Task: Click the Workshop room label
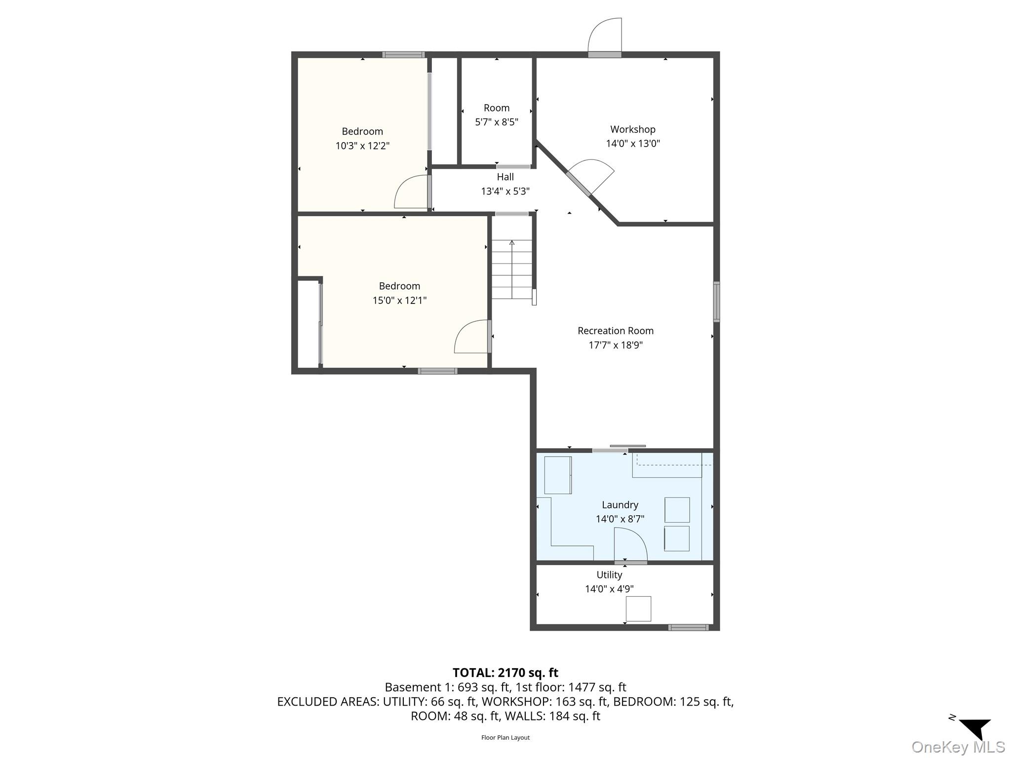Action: click(632, 129)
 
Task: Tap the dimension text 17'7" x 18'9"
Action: click(615, 345)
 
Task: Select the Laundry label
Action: click(620, 505)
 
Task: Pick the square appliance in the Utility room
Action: click(638, 608)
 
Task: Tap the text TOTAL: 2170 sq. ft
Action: click(505, 673)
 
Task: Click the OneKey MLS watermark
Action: click(958, 747)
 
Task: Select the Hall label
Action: click(505, 177)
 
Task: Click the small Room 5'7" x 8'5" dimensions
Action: click(496, 122)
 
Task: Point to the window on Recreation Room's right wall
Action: click(716, 302)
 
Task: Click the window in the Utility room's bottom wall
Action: click(688, 627)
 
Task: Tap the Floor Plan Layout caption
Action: click(505, 737)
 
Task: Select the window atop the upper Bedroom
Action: click(403, 55)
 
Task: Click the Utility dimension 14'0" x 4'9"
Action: click(609, 589)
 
